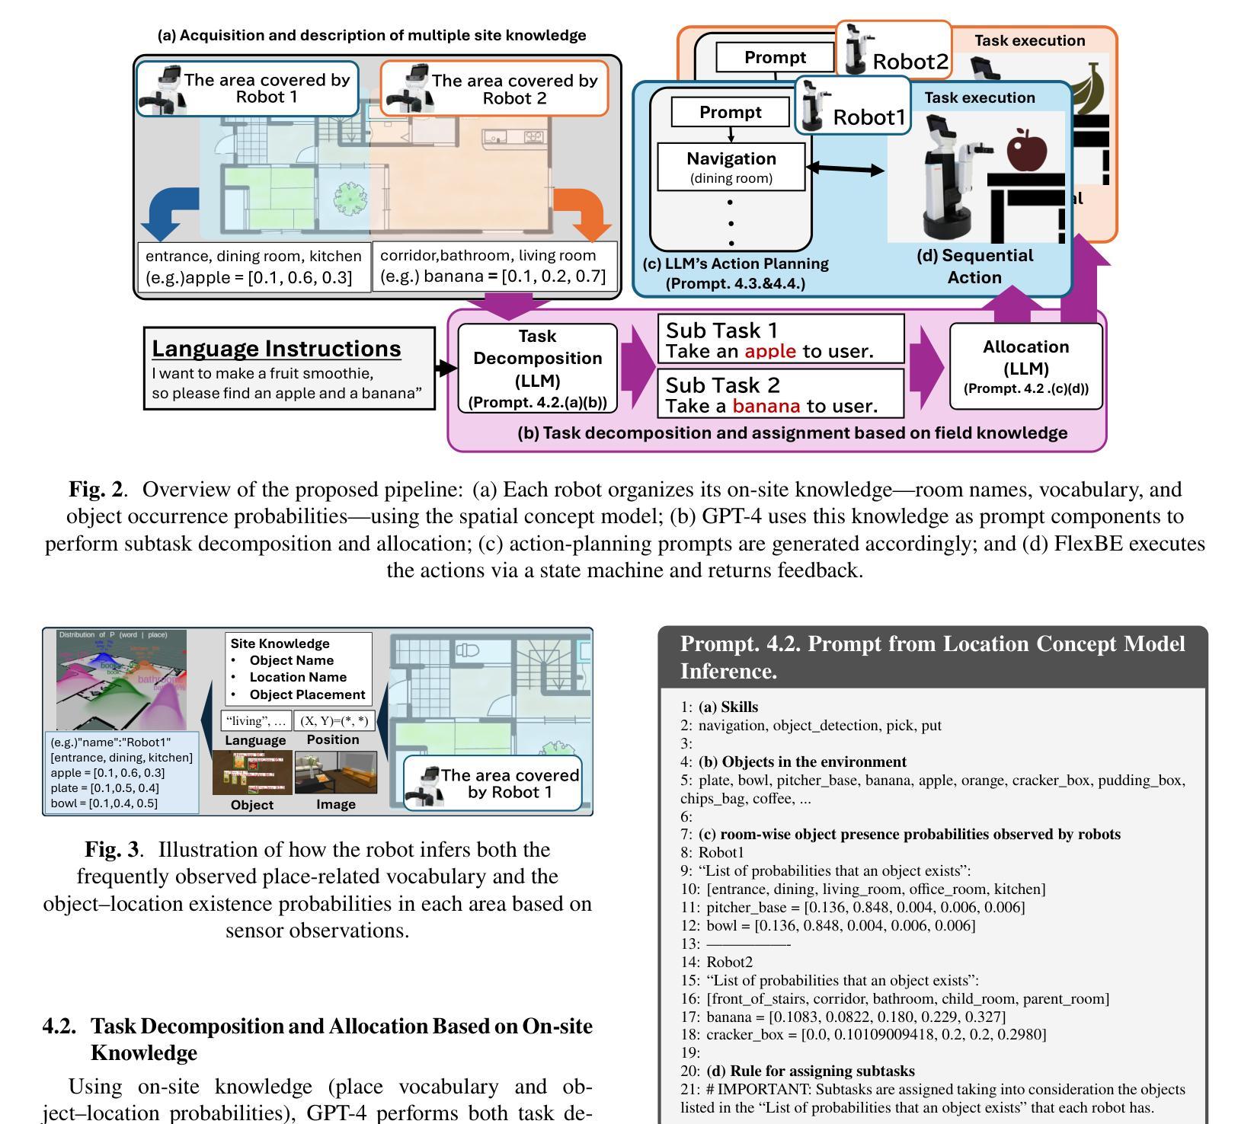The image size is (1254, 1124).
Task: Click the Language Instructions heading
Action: click(276, 349)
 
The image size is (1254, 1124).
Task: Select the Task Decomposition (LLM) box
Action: click(537, 369)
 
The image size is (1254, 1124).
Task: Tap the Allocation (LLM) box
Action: click(1025, 366)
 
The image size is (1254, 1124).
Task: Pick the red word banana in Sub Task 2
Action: click(766, 406)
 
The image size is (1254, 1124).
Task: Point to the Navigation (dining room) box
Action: click(731, 167)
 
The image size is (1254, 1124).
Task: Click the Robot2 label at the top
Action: click(910, 62)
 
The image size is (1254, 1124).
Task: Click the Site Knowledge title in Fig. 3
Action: click(280, 643)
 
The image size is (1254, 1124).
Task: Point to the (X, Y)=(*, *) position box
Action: click(334, 720)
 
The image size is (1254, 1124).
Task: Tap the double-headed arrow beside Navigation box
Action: click(845, 169)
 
